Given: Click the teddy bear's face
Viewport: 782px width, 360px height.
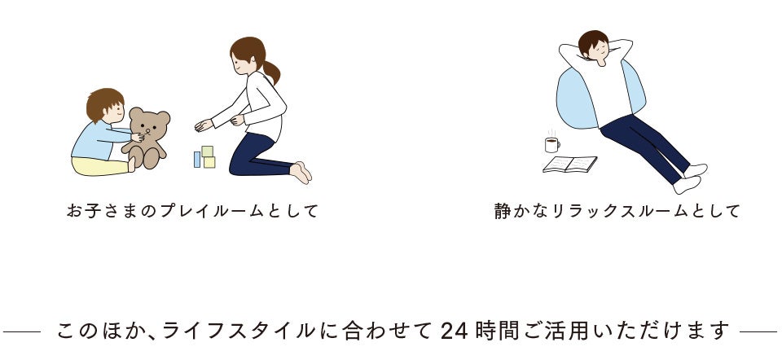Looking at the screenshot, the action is click(x=148, y=127).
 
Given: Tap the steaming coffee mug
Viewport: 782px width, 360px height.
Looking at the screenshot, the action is click(x=552, y=145).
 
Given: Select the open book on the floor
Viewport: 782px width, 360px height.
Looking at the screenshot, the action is click(x=569, y=164).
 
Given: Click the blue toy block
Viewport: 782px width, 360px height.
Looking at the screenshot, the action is click(x=197, y=159).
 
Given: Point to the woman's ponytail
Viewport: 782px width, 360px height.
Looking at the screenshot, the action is click(x=271, y=72).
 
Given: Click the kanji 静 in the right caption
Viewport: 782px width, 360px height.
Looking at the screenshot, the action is click(x=503, y=211).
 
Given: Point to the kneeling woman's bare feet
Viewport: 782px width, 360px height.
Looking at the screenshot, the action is click(x=301, y=172).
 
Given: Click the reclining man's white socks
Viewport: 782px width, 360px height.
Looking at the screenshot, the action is click(x=691, y=178).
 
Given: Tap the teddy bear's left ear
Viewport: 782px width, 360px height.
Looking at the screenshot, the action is click(x=135, y=112).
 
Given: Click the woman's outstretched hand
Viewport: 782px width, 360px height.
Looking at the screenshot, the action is click(x=204, y=125).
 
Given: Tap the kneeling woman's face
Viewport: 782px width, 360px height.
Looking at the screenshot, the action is click(x=241, y=64).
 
